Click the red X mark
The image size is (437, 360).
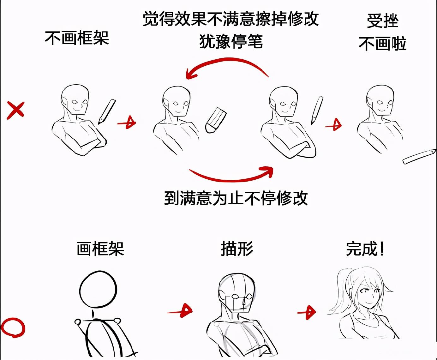click(15, 110)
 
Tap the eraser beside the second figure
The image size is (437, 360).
click(216, 121)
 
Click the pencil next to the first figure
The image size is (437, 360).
click(107, 111)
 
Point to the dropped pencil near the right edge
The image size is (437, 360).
click(419, 157)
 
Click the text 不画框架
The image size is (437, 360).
click(77, 38)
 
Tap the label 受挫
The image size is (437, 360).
click(382, 21)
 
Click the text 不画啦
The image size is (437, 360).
click(382, 44)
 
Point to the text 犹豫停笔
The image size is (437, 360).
click(231, 41)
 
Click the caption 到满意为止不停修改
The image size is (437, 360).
click(236, 198)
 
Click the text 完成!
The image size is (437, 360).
click(365, 249)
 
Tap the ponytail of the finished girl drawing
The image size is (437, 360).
click(339, 294)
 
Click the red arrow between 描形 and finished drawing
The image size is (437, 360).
click(307, 313)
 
